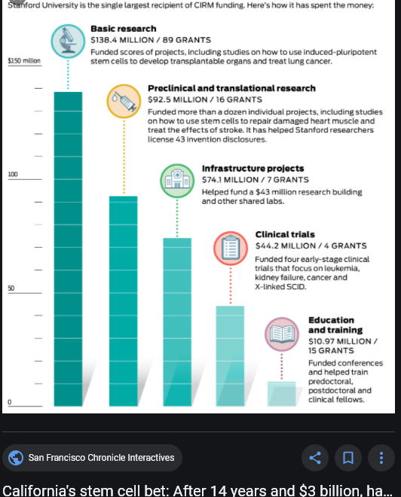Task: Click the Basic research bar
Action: pyautogui.click(x=68, y=248)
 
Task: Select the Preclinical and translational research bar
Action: pyautogui.click(x=124, y=301)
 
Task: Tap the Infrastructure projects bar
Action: pyautogui.click(x=177, y=322)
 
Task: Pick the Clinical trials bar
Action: pyautogui.click(x=230, y=356)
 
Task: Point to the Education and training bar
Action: pyautogui.click(x=281, y=394)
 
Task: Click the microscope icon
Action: pyautogui.click(x=68, y=41)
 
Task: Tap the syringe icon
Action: pyautogui.click(x=124, y=101)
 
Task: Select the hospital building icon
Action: pyautogui.click(x=177, y=181)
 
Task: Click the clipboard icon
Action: pyautogui.click(x=231, y=248)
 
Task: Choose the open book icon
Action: pyautogui.click(x=282, y=334)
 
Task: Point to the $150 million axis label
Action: pyautogui.click(x=24, y=60)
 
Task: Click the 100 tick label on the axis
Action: pyautogui.click(x=13, y=174)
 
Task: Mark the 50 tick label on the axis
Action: pyautogui.click(x=11, y=288)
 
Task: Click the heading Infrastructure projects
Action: pyautogui.click(x=253, y=169)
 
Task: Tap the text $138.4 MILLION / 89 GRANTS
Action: pyautogui.click(x=151, y=40)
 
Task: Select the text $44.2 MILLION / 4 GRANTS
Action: pyautogui.click(x=311, y=245)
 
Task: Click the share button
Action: pyautogui.click(x=315, y=458)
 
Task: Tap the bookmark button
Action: pyautogui.click(x=348, y=458)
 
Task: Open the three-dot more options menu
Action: pyautogui.click(x=381, y=458)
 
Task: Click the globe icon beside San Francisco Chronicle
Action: pyautogui.click(x=16, y=458)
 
